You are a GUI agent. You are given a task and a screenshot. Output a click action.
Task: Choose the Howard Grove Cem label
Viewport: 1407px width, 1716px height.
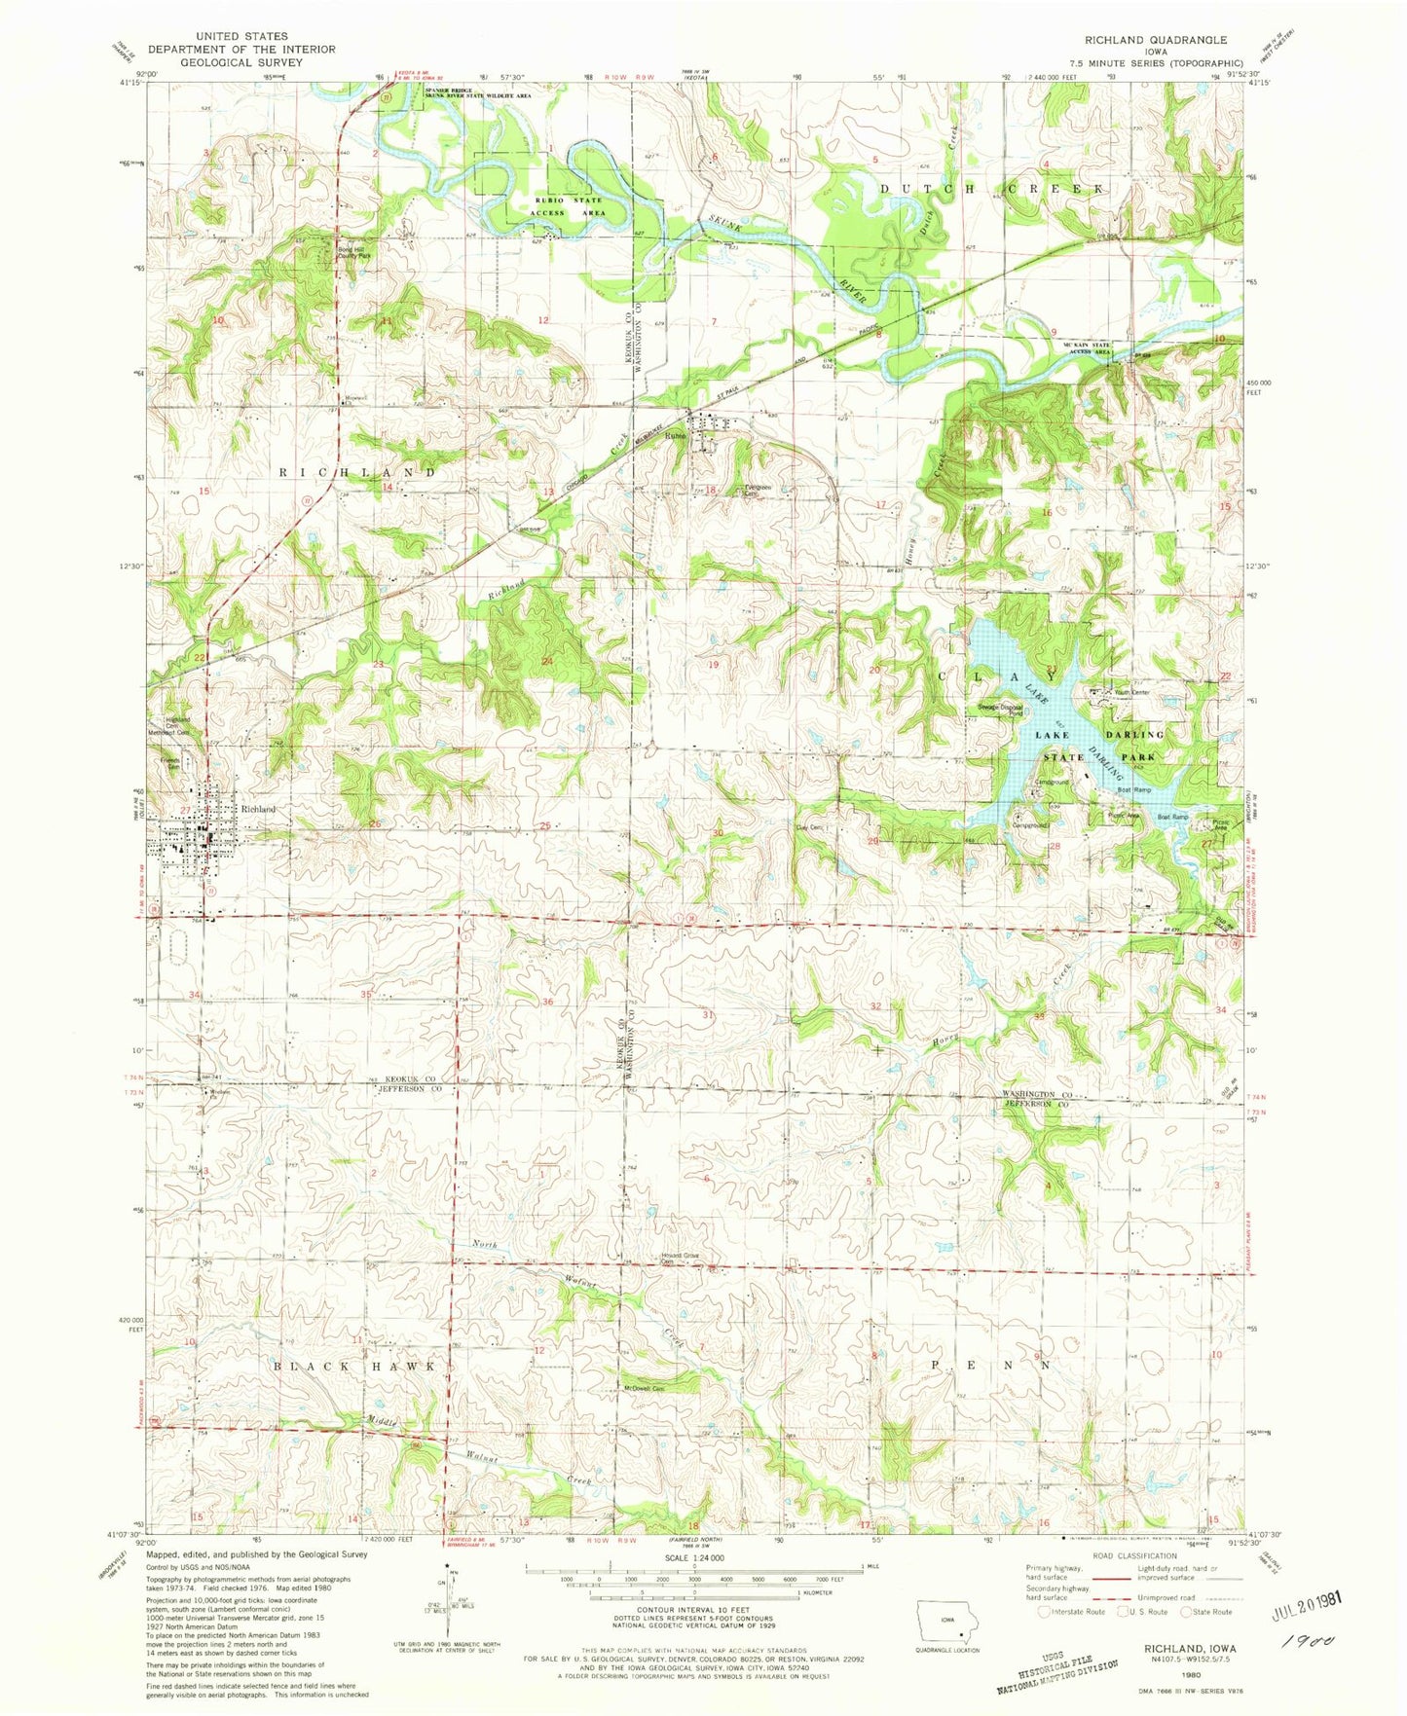coord(682,1258)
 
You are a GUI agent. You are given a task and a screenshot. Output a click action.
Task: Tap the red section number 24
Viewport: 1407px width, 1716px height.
coord(547,662)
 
